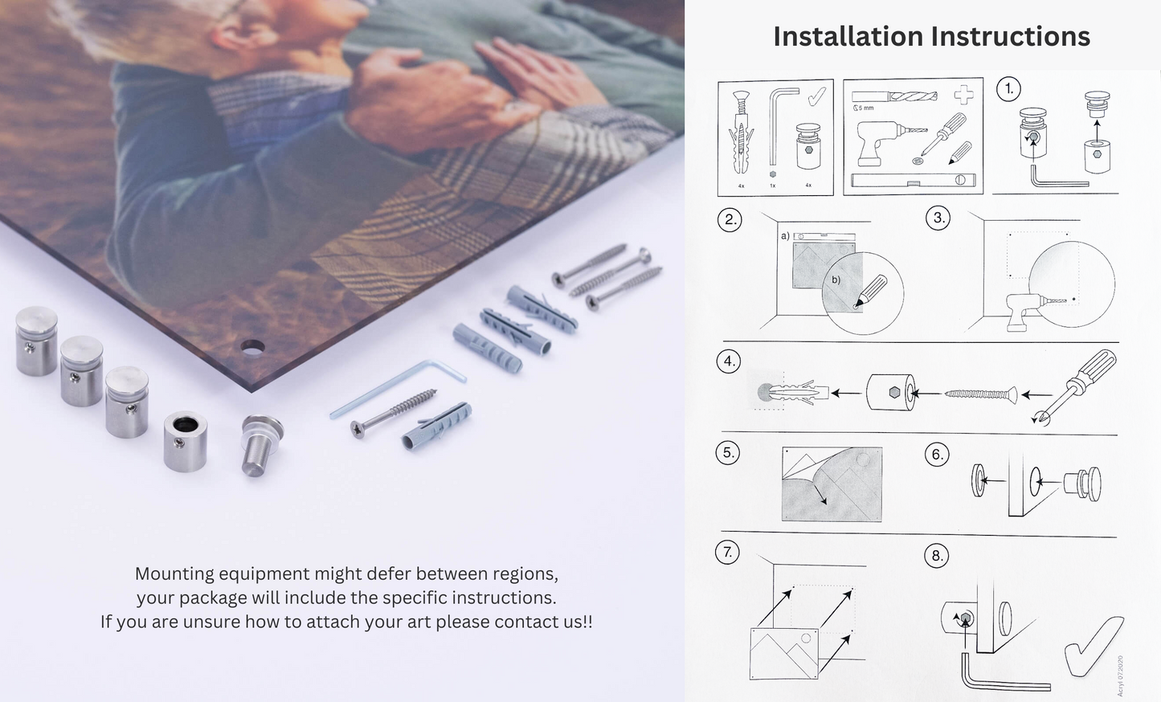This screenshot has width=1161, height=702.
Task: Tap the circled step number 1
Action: tap(1009, 89)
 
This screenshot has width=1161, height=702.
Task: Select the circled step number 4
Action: tap(728, 362)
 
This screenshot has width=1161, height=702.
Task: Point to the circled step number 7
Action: tap(727, 553)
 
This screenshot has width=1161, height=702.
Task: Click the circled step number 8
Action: tap(937, 556)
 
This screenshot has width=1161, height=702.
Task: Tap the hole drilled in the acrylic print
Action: tap(252, 348)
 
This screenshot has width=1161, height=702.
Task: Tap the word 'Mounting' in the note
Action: tap(174, 573)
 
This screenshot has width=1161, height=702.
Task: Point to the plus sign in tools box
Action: tap(964, 96)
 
